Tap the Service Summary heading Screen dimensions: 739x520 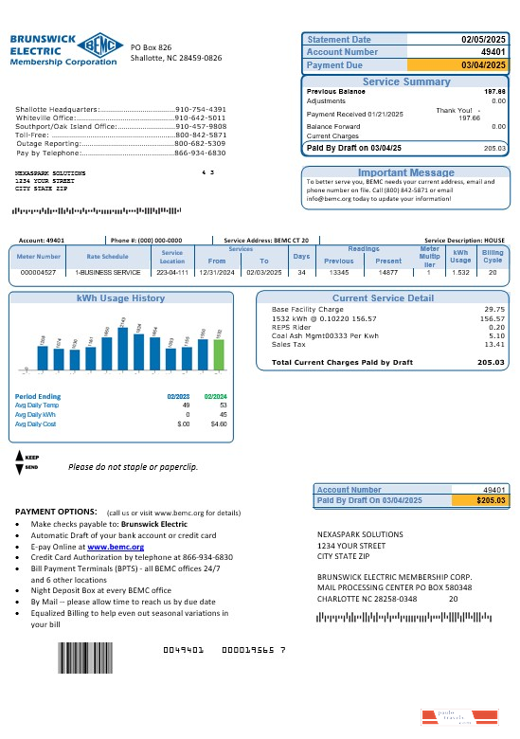click(406, 82)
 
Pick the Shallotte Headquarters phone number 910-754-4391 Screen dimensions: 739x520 click(200, 109)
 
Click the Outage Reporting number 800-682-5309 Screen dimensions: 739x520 click(200, 143)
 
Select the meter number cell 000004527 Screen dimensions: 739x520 click(38, 272)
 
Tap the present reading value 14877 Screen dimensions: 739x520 click(388, 272)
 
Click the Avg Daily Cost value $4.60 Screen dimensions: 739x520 click(217, 424)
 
